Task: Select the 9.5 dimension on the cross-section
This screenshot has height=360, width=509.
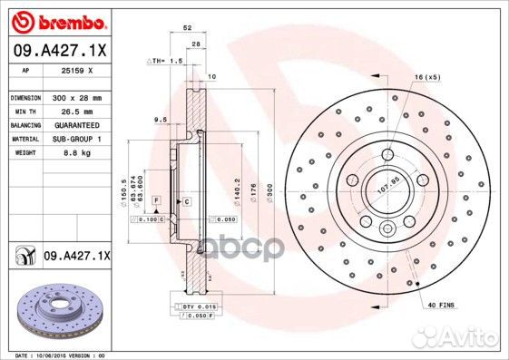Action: (160, 120)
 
